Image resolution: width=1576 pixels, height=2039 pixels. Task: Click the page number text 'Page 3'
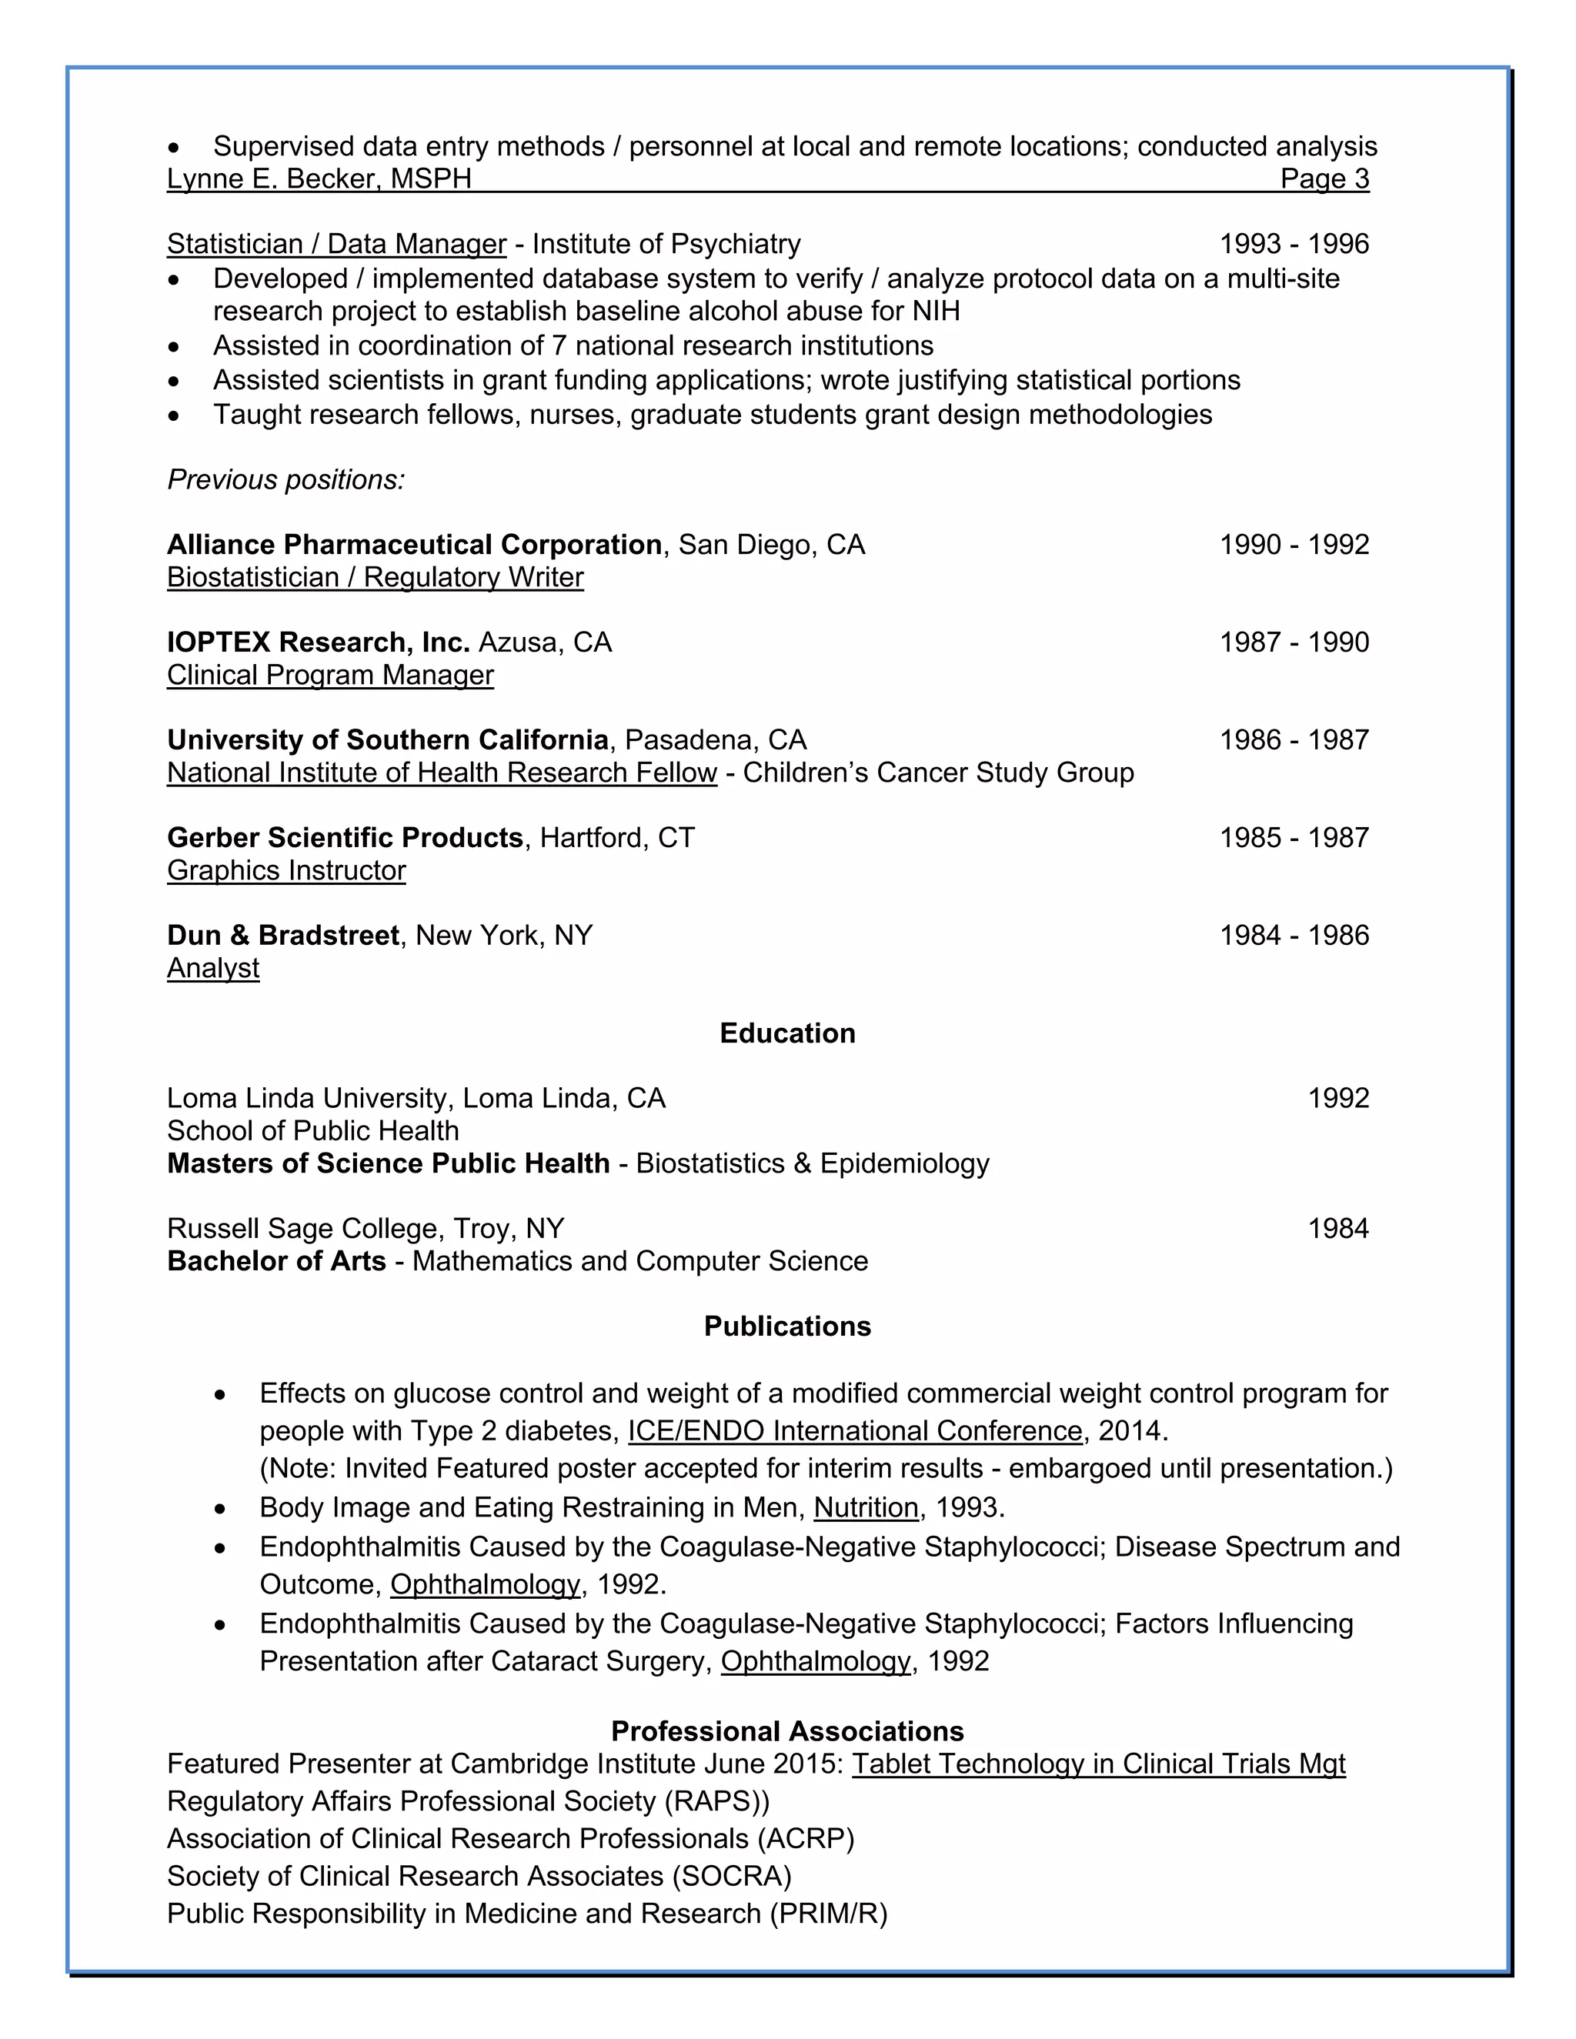[x=1323, y=179]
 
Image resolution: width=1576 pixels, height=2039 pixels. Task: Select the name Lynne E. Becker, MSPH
[x=319, y=179]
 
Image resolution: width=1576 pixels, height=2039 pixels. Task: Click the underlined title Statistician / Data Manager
[x=336, y=244]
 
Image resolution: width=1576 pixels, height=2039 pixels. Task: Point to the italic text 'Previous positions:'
[x=285, y=480]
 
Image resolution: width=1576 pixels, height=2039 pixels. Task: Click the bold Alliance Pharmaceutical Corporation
[x=415, y=544]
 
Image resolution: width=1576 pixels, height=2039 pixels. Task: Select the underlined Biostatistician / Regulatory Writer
[x=376, y=577]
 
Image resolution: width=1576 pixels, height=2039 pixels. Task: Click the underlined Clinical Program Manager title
[x=330, y=675]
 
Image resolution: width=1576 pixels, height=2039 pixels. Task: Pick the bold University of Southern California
[x=388, y=739]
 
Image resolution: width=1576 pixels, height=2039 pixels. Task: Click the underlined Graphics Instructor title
[x=286, y=870]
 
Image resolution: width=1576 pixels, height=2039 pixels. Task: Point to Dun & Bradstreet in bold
[x=283, y=935]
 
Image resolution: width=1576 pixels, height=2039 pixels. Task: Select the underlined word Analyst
[x=213, y=968]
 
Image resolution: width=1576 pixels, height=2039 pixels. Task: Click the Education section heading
[x=787, y=1033]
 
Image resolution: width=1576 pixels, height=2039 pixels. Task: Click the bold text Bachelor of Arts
[x=276, y=1260]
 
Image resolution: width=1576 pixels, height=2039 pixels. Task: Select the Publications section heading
[x=787, y=1326]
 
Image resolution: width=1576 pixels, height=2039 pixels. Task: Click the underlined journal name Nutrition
[x=866, y=1508]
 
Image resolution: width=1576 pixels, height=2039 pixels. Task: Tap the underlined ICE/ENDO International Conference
[x=854, y=1431]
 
